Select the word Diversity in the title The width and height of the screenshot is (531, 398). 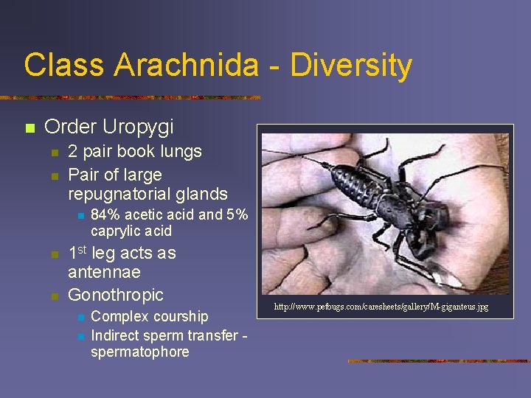point(351,65)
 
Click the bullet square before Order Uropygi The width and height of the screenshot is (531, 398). point(29,128)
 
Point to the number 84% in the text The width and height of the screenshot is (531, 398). point(106,215)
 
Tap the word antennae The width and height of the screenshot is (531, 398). point(105,273)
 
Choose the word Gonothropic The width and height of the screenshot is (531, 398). point(116,295)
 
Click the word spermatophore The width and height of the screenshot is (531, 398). point(139,352)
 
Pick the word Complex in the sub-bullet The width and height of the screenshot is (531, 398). point(117,316)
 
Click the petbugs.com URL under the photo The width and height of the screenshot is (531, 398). point(381,306)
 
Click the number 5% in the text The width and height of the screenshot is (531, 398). point(236,215)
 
